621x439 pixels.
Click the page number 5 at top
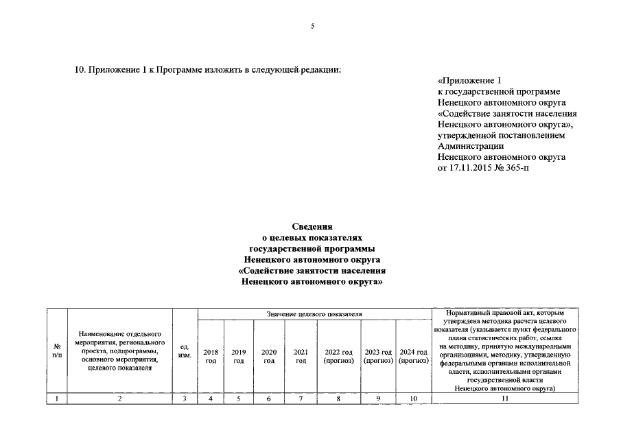point(312,26)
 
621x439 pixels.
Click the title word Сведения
point(312,226)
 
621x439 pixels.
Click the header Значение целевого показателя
point(314,314)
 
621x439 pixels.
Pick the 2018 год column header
point(211,356)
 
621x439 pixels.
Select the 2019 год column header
point(239,356)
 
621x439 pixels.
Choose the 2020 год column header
point(269,356)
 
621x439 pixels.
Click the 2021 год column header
point(301,356)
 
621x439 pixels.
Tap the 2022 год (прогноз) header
point(338,356)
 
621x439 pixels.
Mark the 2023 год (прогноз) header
point(378,356)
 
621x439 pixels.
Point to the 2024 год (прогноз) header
point(413,356)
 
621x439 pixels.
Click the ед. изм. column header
point(185,351)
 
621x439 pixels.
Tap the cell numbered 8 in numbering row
point(338,399)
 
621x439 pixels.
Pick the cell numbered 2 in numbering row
point(119,399)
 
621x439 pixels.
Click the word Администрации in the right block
point(470,145)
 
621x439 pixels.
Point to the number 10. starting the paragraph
point(80,69)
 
